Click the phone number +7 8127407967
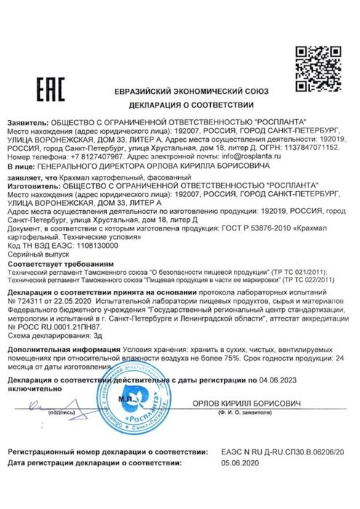[86, 156]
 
